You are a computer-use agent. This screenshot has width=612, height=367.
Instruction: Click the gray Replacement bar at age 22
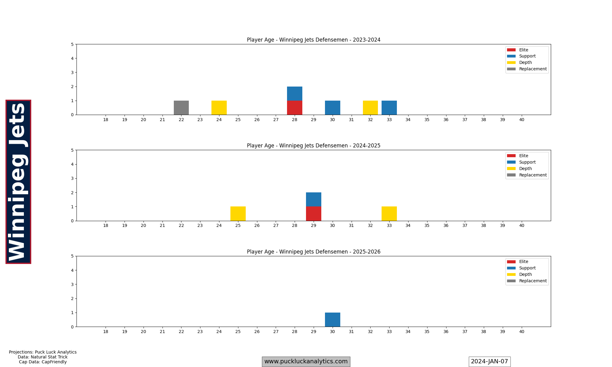(x=181, y=108)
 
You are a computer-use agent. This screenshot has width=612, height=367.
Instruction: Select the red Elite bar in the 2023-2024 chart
(x=295, y=108)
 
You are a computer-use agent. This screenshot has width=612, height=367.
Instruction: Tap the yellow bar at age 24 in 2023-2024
(x=219, y=108)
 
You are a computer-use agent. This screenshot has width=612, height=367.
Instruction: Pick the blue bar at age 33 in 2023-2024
(x=389, y=108)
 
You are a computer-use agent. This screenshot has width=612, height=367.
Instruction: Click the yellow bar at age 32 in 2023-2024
(x=370, y=108)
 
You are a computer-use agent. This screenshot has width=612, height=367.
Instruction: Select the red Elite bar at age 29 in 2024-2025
(x=314, y=214)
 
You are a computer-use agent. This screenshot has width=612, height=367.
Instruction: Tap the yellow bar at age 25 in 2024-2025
(x=238, y=214)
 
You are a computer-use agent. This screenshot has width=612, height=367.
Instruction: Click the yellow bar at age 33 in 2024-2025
(x=389, y=214)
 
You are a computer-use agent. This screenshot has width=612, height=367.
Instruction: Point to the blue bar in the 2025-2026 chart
(x=333, y=320)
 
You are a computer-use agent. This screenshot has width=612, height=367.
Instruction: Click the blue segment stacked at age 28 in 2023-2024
(x=295, y=94)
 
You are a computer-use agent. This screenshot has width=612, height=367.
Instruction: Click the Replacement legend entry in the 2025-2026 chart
(x=532, y=281)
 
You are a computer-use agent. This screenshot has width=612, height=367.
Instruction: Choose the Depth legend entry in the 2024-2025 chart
(x=525, y=169)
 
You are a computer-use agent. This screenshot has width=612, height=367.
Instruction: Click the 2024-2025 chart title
(x=314, y=146)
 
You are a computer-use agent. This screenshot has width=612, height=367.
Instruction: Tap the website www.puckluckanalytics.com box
(x=306, y=361)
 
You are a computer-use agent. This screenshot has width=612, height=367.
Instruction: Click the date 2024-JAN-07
(x=489, y=361)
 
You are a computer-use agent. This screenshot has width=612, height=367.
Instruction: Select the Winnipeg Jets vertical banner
(x=18, y=182)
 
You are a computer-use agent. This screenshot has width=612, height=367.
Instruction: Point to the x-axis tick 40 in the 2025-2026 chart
(x=521, y=332)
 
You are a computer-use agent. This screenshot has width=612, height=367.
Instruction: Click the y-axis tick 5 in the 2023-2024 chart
(x=72, y=44)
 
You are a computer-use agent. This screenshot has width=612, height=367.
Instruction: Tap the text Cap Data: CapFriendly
(x=43, y=362)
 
